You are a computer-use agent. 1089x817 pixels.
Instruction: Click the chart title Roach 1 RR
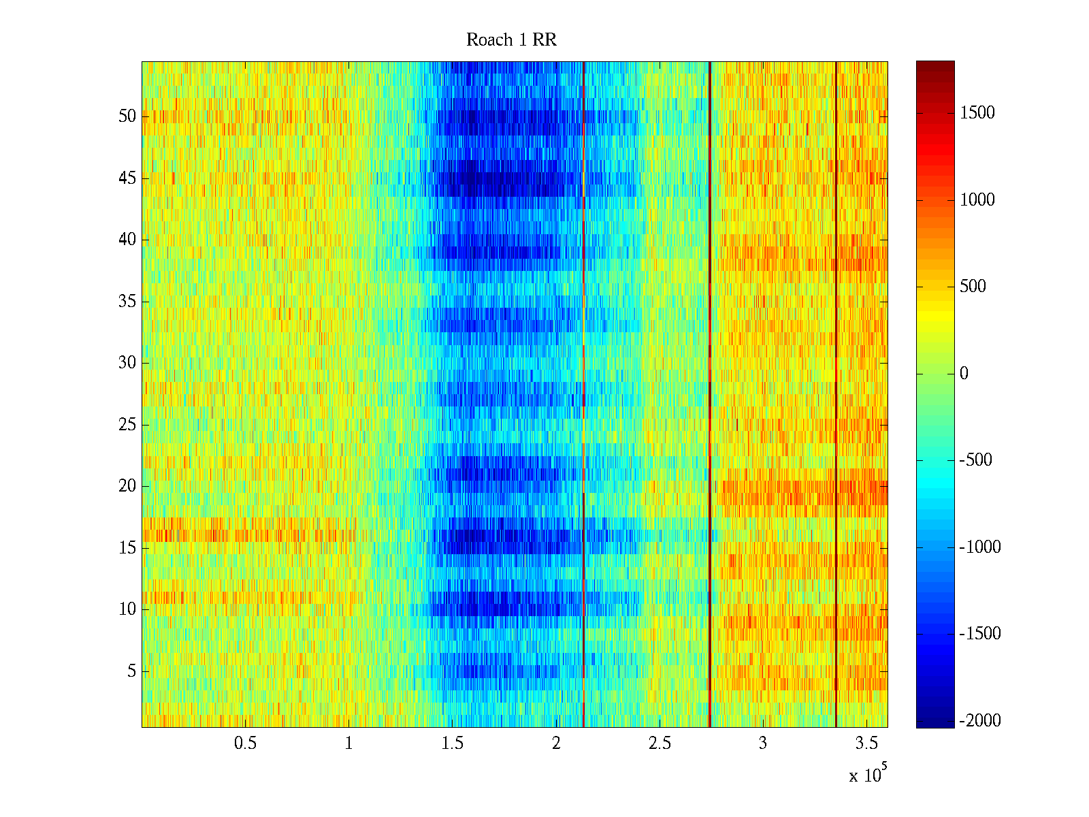pyautogui.click(x=511, y=40)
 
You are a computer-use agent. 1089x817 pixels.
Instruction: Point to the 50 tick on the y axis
pyautogui.click(x=127, y=116)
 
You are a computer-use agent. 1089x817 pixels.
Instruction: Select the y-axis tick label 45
pyautogui.click(x=127, y=178)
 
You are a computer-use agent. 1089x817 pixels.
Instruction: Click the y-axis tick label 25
pyautogui.click(x=127, y=425)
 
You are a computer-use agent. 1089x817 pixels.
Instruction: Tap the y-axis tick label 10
pyautogui.click(x=127, y=609)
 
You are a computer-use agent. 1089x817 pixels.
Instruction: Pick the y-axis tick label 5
pyautogui.click(x=131, y=671)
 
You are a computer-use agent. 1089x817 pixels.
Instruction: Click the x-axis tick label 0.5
pyautogui.click(x=245, y=743)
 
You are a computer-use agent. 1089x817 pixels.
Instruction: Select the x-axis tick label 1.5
pyautogui.click(x=452, y=743)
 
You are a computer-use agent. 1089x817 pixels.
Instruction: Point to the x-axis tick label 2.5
pyautogui.click(x=659, y=743)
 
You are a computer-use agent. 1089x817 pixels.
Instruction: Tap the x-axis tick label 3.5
pyautogui.click(x=866, y=743)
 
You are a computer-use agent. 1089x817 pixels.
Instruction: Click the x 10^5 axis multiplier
pyautogui.click(x=868, y=775)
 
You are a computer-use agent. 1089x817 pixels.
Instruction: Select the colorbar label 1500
pyautogui.click(x=977, y=113)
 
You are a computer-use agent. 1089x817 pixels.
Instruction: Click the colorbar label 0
pyautogui.click(x=964, y=374)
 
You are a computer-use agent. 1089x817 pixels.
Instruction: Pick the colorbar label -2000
pyautogui.click(x=979, y=721)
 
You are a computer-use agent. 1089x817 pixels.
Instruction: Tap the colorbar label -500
pyautogui.click(x=975, y=460)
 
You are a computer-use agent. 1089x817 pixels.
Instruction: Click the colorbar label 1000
pyautogui.click(x=977, y=200)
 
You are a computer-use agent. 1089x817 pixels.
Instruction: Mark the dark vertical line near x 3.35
pyautogui.click(x=836, y=395)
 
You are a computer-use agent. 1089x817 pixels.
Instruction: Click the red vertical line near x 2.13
pyautogui.click(x=583, y=395)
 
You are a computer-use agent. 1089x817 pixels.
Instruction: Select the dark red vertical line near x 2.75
pyautogui.click(x=710, y=395)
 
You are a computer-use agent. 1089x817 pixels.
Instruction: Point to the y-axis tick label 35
pyautogui.click(x=127, y=302)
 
